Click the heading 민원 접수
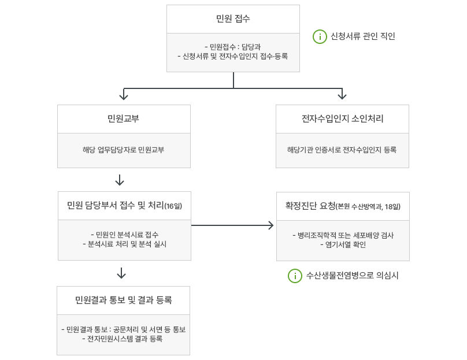pyautogui.click(x=232, y=19)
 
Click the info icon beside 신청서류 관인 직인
pyautogui.click(x=320, y=36)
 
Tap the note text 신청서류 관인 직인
pyautogui.click(x=362, y=36)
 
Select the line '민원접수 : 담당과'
pyautogui.click(x=233, y=47)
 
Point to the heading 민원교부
pyautogui.click(x=124, y=119)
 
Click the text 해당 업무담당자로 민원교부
pyautogui.click(x=124, y=150)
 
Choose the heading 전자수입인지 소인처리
pyautogui.click(x=342, y=119)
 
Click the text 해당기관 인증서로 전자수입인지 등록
pyautogui.click(x=342, y=150)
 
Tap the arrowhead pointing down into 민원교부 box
pyautogui.click(x=124, y=94)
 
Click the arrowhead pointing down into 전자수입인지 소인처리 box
pyautogui.click(x=342, y=94)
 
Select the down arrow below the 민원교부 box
pyautogui.click(x=120, y=180)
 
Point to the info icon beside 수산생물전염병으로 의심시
pyautogui.click(x=295, y=276)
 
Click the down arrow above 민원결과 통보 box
pyautogui.click(x=121, y=273)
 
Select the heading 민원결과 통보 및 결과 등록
pyautogui.click(x=123, y=300)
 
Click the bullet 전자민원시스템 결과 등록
pyautogui.click(x=123, y=339)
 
